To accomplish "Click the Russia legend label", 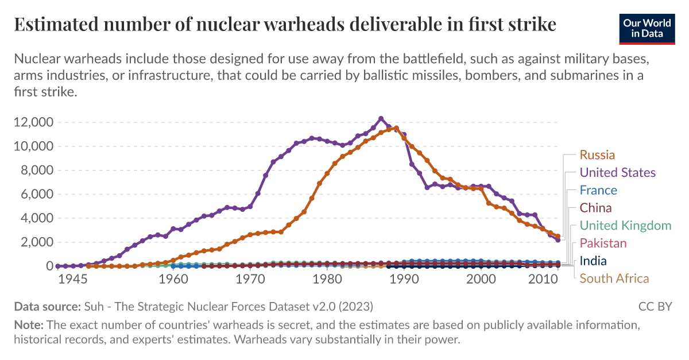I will [x=597, y=155].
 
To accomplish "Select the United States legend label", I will [x=617, y=173].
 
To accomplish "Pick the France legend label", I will [x=598, y=191].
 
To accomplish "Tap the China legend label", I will [x=595, y=208].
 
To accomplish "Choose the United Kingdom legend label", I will [x=625, y=226].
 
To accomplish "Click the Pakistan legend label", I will [x=603, y=243].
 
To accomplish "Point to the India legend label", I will [x=593, y=261].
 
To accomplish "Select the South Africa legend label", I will [x=614, y=279].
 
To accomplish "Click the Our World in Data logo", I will [x=647, y=28].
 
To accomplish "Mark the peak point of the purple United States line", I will [x=381, y=119].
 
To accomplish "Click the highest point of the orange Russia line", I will [x=396, y=128].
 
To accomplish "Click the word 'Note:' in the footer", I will [x=29, y=325].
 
